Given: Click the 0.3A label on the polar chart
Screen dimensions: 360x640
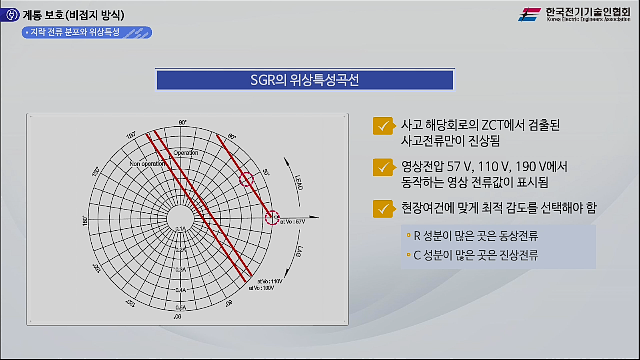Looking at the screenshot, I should point(180,269).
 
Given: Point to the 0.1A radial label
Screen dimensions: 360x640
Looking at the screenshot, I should point(180,228).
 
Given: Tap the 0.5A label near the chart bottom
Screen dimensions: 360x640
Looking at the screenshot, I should point(180,308).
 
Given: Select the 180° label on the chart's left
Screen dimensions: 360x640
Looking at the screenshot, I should point(85,220).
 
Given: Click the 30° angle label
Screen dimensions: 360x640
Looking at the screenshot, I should point(266,172).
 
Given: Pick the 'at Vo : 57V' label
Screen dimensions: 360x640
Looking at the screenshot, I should point(292,221).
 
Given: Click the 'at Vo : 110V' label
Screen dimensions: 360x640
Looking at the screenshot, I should point(270,281).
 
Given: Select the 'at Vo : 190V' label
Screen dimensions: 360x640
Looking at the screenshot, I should point(261,288).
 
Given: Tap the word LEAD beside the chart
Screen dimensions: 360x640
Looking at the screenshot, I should point(298,182).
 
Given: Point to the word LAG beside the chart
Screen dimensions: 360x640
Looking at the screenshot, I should point(299,252).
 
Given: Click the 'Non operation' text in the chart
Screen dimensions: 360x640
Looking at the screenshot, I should point(147,164).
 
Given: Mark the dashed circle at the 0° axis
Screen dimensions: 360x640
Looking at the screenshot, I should point(272,217).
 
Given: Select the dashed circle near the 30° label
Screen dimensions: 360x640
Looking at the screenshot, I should point(246,180).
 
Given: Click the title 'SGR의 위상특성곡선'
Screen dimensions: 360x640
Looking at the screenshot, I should point(304,80).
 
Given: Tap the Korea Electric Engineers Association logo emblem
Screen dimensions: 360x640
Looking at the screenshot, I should point(529,15).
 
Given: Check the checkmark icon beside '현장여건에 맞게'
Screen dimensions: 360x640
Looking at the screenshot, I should point(382,208).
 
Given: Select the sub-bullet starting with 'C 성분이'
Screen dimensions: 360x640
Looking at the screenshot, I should point(475,255).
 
